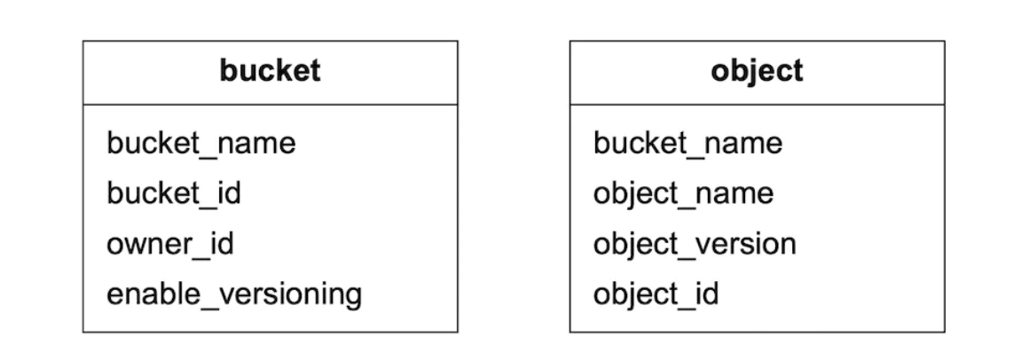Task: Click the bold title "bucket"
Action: (x=271, y=71)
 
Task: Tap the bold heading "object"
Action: (x=757, y=71)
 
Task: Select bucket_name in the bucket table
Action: (x=200, y=143)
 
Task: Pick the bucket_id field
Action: (x=173, y=193)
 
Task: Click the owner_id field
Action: (x=169, y=244)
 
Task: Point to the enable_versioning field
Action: (x=234, y=293)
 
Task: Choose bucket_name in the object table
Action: (x=687, y=143)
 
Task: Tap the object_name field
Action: (x=683, y=193)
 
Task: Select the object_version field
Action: (x=695, y=244)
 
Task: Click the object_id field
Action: (x=656, y=293)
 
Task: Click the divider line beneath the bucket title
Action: (x=271, y=105)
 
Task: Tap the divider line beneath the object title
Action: (x=757, y=105)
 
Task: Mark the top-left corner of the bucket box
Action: (x=83, y=41)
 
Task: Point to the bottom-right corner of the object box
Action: (x=945, y=333)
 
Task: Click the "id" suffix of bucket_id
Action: (x=227, y=193)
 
